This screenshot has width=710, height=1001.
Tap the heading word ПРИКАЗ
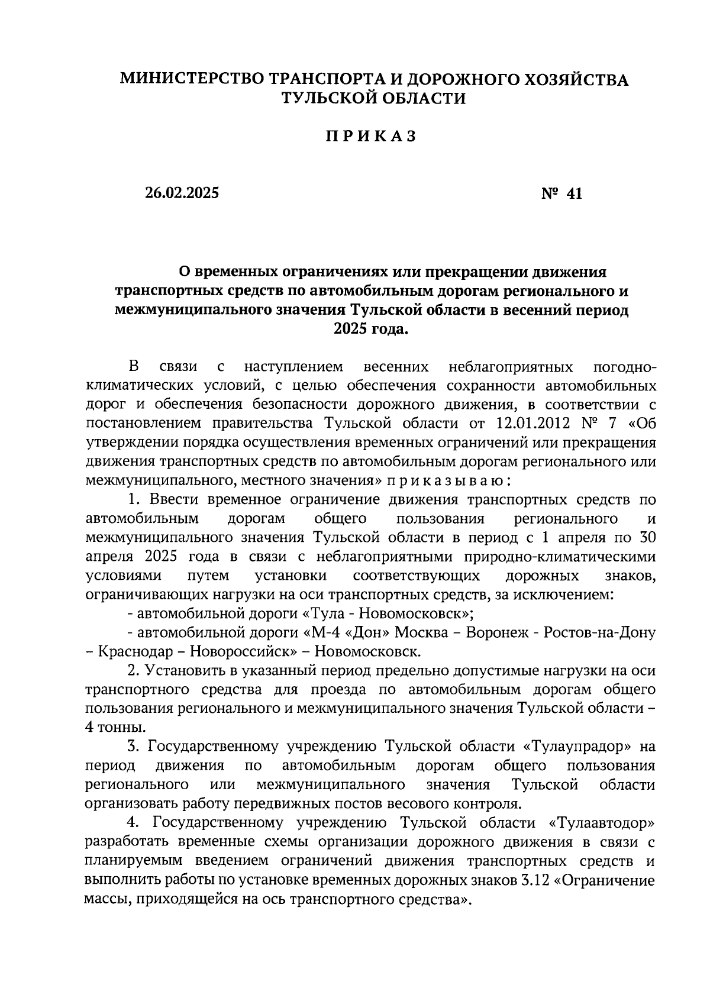pyautogui.click(x=371, y=136)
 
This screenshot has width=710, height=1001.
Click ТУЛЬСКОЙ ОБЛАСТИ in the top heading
pyautogui.click(x=373, y=98)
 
